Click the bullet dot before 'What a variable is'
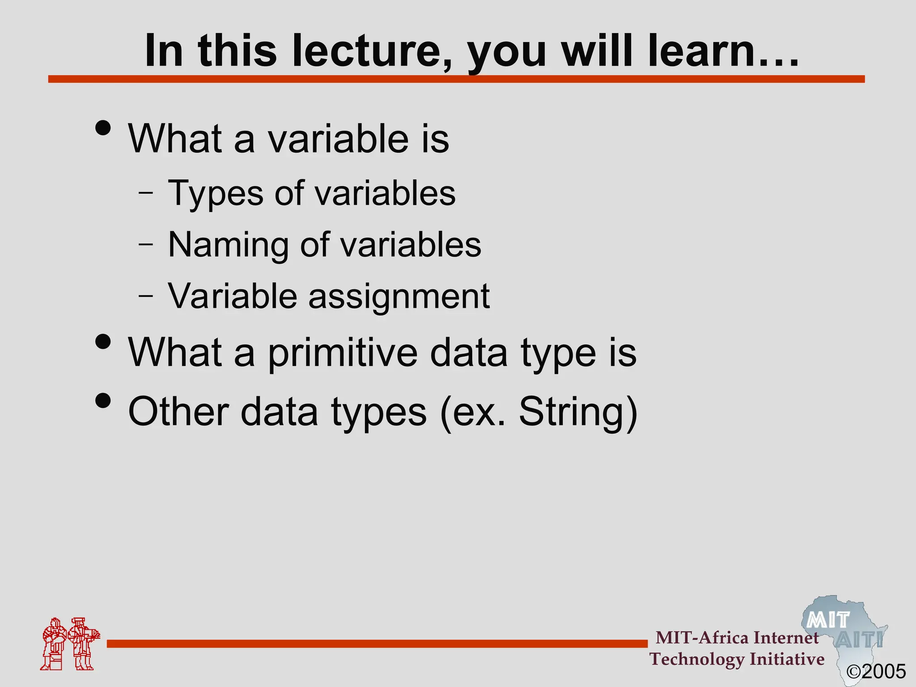click(x=103, y=128)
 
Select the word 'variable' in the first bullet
click(x=338, y=139)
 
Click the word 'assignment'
click(x=399, y=297)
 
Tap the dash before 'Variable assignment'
click(x=146, y=296)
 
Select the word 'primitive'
click(x=343, y=353)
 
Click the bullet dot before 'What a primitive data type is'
click(x=103, y=342)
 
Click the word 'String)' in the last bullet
click(x=578, y=411)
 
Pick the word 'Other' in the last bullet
click(x=178, y=411)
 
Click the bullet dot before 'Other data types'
click(x=103, y=401)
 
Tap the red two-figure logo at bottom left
click(x=70, y=644)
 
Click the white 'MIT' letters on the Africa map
click(x=828, y=620)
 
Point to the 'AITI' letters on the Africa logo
click(x=859, y=640)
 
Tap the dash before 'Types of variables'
click(x=146, y=193)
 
